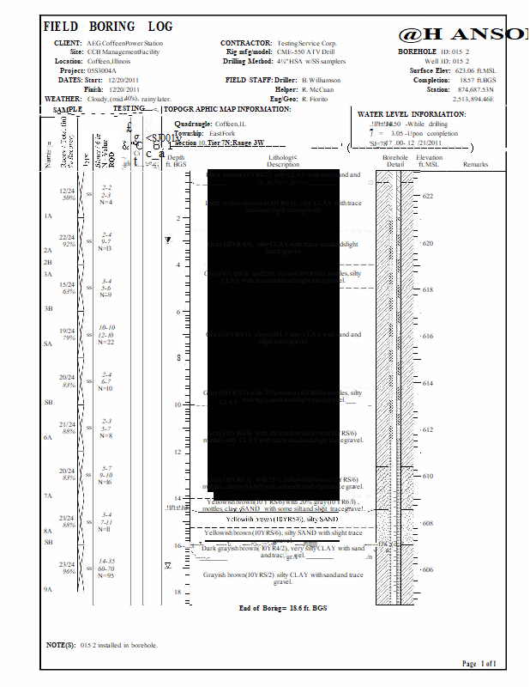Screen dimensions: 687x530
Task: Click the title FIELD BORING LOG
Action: pyautogui.click(x=108, y=27)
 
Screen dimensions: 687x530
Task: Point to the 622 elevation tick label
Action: pyautogui.click(x=428, y=197)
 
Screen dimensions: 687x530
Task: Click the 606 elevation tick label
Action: pyautogui.click(x=428, y=569)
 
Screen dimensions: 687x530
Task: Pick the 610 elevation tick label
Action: pyautogui.click(x=428, y=476)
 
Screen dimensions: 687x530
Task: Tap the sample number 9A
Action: pyautogui.click(x=49, y=590)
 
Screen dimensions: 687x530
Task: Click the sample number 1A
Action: pyautogui.click(x=49, y=216)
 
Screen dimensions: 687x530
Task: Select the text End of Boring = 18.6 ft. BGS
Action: pyautogui.click(x=283, y=608)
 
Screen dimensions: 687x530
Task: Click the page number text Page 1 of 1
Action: pyautogui.click(x=479, y=664)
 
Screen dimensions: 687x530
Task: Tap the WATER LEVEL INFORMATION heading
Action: pyautogui.click(x=412, y=114)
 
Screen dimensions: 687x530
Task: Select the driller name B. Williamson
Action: pyautogui.click(x=321, y=80)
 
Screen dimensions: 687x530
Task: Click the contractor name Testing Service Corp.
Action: pyautogui.click(x=306, y=42)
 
